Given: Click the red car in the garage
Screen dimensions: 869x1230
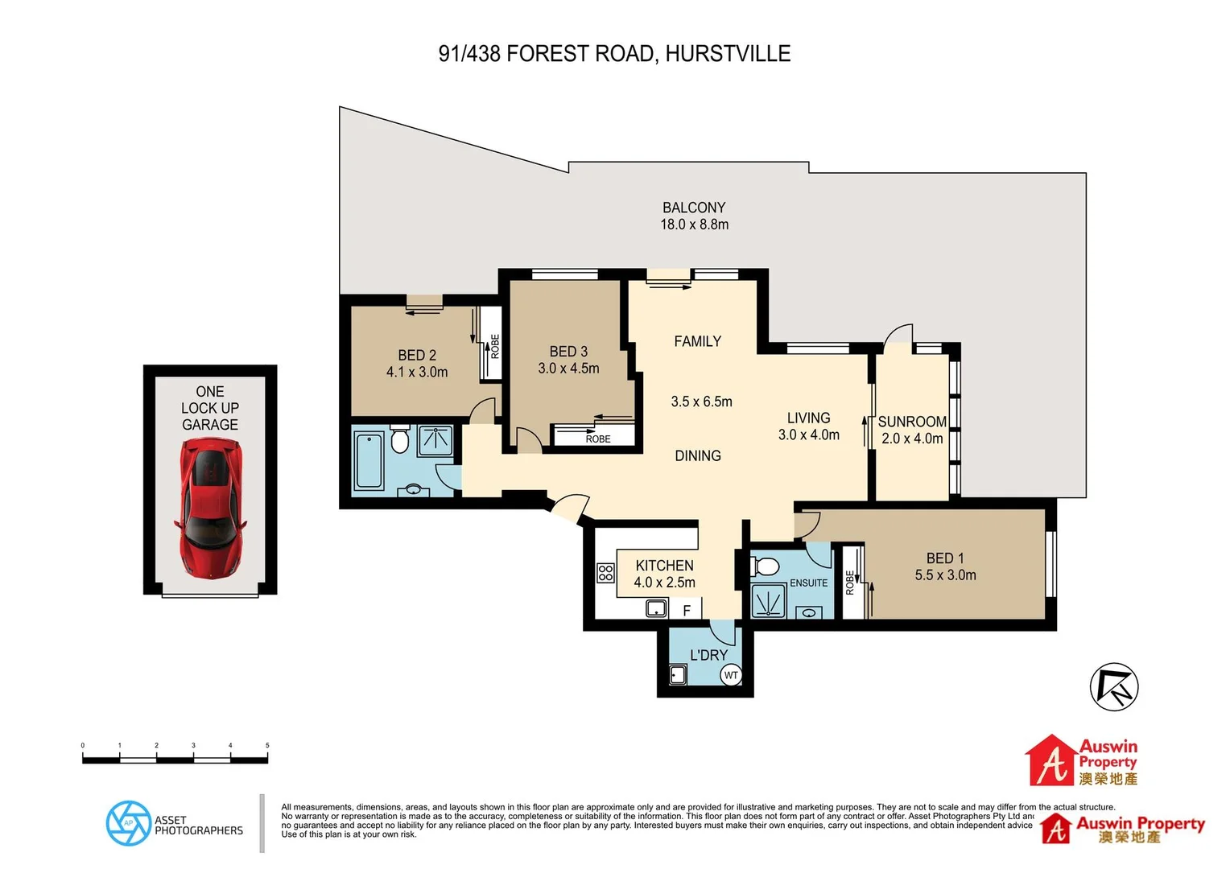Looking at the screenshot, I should click(210, 507).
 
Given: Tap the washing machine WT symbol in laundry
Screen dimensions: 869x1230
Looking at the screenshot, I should click(730, 675).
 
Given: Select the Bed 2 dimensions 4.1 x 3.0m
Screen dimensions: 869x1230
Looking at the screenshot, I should click(417, 372).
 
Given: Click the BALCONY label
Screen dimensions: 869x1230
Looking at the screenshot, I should click(694, 208).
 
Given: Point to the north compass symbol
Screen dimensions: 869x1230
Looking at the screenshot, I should click(1114, 687).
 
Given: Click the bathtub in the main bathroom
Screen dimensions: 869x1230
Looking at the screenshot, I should click(369, 460).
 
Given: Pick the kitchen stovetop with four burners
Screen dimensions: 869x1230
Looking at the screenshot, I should click(605, 573).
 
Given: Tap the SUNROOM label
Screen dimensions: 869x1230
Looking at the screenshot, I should click(912, 422).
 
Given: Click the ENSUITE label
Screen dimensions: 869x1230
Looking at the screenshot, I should click(808, 583).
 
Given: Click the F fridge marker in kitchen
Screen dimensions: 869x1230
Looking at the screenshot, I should click(687, 611).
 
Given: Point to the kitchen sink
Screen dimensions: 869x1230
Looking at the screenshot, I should click(657, 608).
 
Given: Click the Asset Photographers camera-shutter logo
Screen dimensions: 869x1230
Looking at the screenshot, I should click(128, 823).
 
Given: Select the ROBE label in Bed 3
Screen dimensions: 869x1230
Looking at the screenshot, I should click(598, 439).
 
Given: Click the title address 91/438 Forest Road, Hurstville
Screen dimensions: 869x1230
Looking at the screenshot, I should click(614, 54).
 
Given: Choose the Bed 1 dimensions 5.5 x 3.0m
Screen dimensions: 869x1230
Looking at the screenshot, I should click(945, 575).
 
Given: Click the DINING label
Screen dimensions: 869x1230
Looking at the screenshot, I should click(698, 455).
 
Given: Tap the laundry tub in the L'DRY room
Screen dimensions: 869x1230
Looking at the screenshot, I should click(678, 674).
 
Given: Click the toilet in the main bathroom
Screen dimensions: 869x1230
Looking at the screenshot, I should click(400, 439).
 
